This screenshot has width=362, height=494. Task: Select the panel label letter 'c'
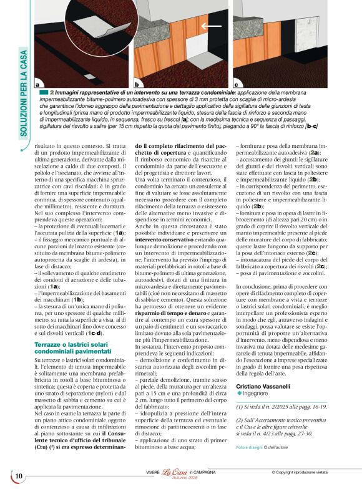237,84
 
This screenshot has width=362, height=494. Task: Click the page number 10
19,477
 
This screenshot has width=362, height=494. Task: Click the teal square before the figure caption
43,92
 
